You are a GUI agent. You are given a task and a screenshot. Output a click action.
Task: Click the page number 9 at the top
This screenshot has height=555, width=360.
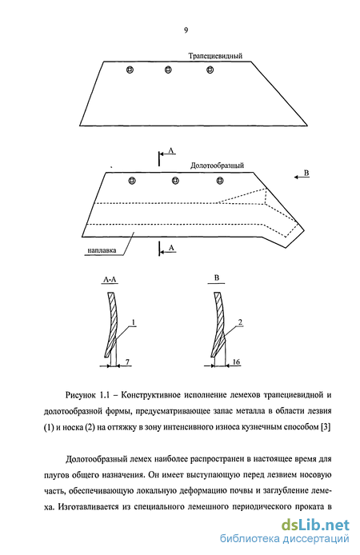[186, 30]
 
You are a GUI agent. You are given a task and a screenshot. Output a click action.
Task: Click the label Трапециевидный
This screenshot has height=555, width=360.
[215, 56]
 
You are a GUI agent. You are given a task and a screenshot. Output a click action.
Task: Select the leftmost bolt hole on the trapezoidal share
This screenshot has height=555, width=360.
[130, 70]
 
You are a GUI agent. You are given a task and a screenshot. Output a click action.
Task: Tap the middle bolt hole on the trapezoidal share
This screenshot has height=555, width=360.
[168, 70]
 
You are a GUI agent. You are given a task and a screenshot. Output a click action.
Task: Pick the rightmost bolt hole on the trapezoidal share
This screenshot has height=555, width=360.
[210, 70]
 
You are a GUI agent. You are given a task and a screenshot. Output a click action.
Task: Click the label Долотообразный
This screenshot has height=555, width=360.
[217, 166]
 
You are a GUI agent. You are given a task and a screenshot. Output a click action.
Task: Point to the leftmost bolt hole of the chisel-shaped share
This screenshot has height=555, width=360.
[132, 181]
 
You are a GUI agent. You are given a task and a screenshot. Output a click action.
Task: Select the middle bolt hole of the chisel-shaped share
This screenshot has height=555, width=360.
[175, 181]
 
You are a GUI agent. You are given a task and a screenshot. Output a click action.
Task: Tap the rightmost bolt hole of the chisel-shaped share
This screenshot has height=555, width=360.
[220, 181]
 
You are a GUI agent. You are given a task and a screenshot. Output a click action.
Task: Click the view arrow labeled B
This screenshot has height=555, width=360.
[302, 178]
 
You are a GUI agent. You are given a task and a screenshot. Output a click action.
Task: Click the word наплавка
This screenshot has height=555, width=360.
[102, 250]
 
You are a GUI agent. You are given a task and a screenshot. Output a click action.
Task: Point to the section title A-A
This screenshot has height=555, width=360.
[110, 280]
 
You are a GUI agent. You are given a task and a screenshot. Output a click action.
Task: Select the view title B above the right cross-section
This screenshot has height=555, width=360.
[217, 277]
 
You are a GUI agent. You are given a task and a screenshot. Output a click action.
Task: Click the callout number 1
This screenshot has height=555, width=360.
[134, 322]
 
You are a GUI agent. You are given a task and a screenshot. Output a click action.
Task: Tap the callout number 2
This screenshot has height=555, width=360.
[240, 322]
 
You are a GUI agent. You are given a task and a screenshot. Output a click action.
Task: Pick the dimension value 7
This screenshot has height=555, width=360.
[127, 361]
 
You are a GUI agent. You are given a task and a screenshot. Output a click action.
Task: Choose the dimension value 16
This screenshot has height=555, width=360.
[236, 361]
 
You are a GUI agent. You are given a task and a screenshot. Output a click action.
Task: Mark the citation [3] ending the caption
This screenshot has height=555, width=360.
[326, 427]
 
